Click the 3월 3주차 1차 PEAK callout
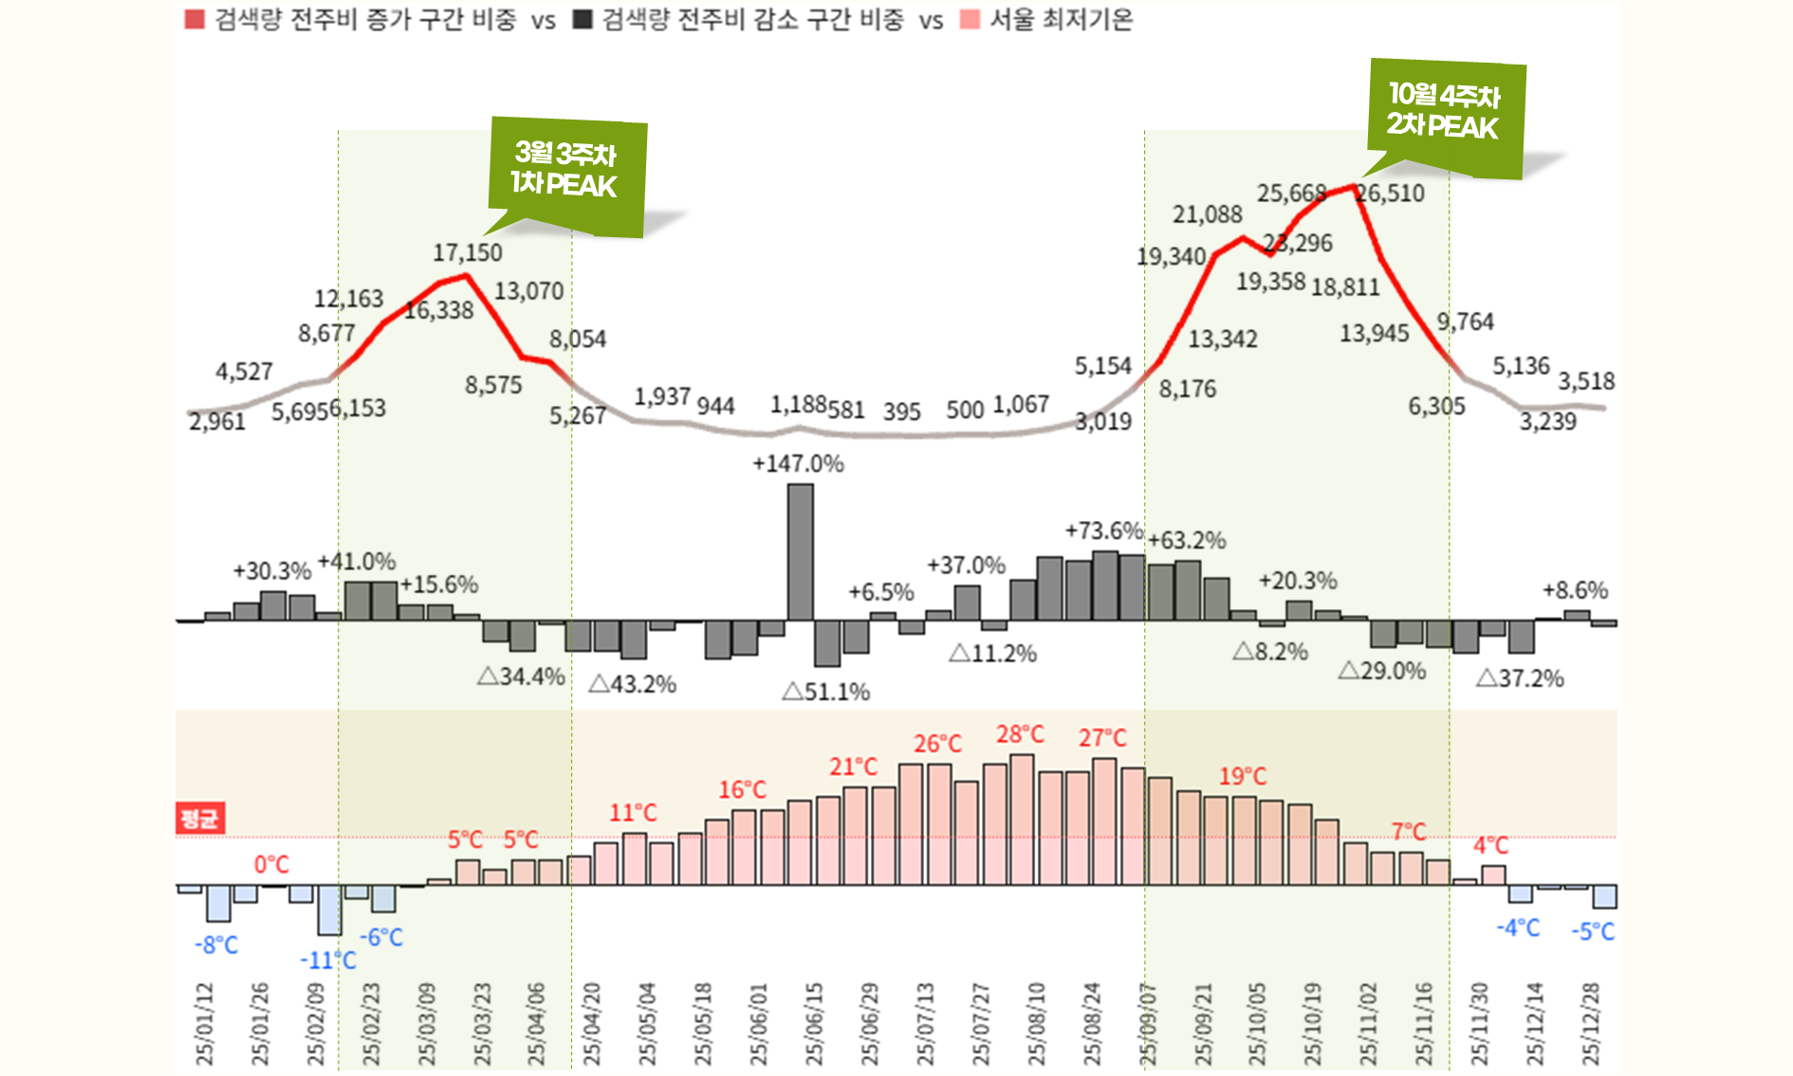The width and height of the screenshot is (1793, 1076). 566,171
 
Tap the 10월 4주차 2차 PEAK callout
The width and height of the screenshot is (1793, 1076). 1444,112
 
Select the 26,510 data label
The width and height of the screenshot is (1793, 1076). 1391,194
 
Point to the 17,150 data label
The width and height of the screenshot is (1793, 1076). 468,253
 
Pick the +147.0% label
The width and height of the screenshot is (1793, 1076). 798,464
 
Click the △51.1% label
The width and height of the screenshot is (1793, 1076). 826,692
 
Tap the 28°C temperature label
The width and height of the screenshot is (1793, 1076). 1020,734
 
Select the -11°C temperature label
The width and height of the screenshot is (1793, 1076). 328,960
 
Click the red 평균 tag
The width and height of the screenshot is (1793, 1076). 199,818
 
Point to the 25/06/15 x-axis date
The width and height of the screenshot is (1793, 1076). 815,1025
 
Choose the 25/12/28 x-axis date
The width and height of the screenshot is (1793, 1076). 1591,1025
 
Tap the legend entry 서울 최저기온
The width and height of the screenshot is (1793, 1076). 1061,20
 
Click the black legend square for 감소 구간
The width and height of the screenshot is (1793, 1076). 582,20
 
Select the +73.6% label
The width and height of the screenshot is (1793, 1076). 1103,530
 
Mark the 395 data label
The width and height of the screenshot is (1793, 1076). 901,413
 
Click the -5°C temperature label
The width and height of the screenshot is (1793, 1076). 1593,932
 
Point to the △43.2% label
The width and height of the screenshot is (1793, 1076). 633,684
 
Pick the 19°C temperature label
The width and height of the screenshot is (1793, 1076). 1243,776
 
